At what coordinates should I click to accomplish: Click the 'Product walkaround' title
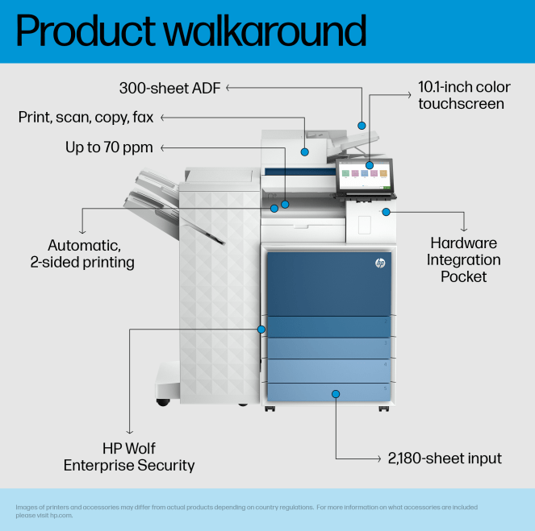190,31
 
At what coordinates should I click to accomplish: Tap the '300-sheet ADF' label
169,88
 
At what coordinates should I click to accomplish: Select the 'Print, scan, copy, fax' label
86,117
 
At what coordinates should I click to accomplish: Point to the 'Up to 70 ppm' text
109,147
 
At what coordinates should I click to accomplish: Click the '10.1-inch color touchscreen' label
464,95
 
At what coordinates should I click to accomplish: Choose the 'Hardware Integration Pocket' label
463,259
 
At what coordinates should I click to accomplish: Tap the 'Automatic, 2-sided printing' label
82,254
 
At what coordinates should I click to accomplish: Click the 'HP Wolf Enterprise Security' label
129,457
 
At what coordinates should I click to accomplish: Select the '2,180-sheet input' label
445,458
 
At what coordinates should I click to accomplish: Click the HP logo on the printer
380,263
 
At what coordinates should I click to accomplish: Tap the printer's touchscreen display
365,176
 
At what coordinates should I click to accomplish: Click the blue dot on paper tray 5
336,394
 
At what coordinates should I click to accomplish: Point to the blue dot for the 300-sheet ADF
362,126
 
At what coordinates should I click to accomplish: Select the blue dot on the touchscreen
370,165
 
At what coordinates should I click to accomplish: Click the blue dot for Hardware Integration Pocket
386,212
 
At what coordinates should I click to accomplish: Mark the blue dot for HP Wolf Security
261,330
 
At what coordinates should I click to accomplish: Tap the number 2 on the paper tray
386,322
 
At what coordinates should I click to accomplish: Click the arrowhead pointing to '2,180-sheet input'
378,458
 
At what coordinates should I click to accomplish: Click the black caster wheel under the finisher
163,402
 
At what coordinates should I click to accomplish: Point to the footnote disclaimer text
246,511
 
